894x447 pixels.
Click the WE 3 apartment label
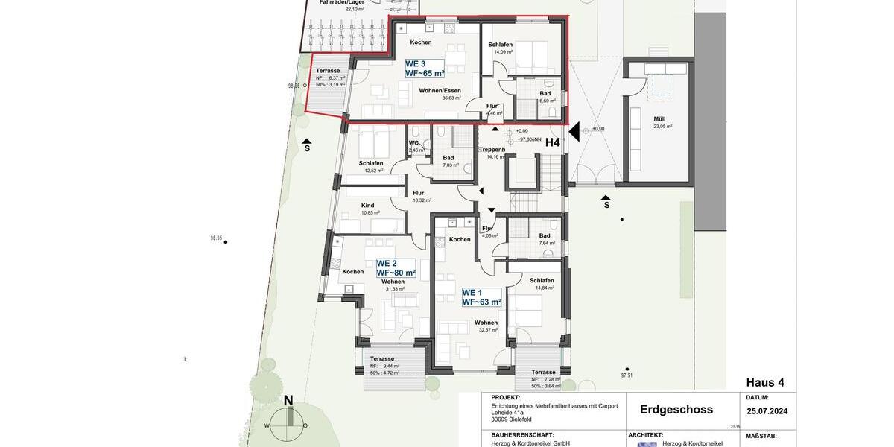(x=425, y=69)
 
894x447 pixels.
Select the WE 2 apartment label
(x=396, y=268)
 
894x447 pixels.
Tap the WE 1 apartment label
(x=481, y=297)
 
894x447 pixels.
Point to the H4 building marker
(x=552, y=142)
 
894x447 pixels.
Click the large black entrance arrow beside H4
(x=574, y=133)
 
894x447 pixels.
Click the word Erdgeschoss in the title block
(x=676, y=410)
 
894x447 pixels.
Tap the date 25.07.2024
(x=767, y=411)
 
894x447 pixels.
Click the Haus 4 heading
(x=765, y=382)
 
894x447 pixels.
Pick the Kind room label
(x=367, y=206)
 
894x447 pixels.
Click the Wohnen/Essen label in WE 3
(x=440, y=90)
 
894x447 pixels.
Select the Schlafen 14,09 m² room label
(x=500, y=45)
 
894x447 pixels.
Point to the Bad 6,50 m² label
(x=545, y=94)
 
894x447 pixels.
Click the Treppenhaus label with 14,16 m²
(x=492, y=150)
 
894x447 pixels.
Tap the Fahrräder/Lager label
(x=341, y=3)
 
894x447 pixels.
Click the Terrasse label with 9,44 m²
(x=382, y=358)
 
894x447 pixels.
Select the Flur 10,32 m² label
(x=418, y=194)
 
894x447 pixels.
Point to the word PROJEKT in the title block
(x=506, y=398)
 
